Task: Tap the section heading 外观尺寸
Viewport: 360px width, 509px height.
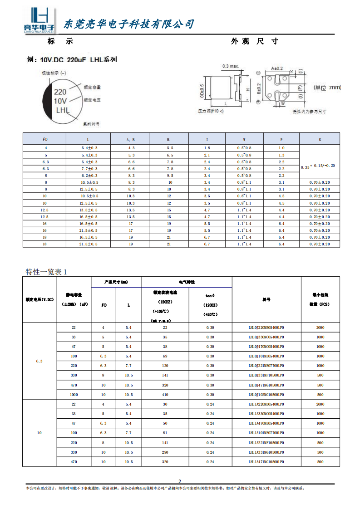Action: tap(254, 41)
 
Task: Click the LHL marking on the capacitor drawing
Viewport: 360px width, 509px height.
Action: tap(62, 110)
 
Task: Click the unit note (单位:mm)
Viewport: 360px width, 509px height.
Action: tap(327, 88)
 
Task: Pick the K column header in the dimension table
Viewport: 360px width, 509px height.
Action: tap(320, 140)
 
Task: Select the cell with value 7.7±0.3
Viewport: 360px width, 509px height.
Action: tap(89, 169)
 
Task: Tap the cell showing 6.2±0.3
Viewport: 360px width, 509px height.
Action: tap(89, 176)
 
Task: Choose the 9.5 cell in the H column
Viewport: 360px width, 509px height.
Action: tap(170, 176)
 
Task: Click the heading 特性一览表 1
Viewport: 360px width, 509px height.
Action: tap(46, 272)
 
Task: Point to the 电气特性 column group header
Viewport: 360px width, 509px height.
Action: tap(187, 282)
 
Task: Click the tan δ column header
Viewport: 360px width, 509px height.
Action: tap(210, 295)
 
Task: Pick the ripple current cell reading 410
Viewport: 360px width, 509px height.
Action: tap(165, 395)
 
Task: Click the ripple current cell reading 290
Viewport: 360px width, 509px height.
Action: tap(165, 452)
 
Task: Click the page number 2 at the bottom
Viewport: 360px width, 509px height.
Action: tap(180, 481)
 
